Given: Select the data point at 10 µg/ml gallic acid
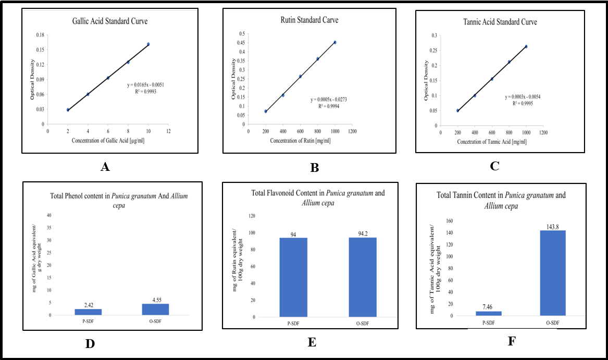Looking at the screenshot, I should [148, 44].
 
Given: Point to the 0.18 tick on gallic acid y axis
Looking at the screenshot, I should [40, 35].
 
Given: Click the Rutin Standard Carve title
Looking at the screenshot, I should [305, 20].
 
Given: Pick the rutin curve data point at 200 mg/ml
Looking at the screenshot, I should [266, 111].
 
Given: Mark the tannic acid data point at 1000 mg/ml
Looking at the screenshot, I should [526, 46].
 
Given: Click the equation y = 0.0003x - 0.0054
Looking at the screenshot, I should [526, 97].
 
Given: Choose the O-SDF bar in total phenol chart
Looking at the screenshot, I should [155, 309].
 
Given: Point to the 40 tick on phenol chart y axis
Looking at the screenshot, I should [50, 215].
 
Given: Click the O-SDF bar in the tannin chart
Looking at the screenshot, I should [552, 273].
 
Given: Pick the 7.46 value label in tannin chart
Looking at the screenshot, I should [488, 308].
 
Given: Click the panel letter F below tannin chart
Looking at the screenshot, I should [511, 342].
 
